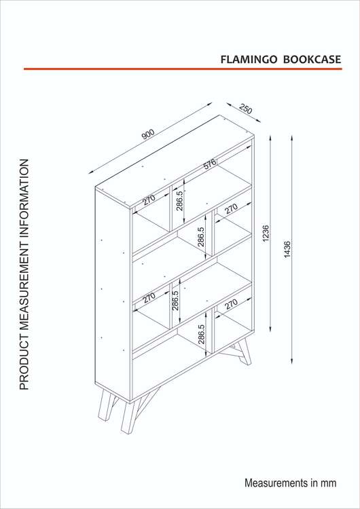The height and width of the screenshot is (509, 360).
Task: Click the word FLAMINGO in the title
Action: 249,60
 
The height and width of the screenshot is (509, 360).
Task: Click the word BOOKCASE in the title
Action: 312,60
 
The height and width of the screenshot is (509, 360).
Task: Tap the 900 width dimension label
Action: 148,134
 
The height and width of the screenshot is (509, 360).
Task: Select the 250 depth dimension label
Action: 246,109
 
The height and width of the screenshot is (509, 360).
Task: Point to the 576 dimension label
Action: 210,164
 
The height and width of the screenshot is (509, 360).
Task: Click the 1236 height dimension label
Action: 266,233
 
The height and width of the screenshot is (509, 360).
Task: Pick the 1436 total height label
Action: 287,249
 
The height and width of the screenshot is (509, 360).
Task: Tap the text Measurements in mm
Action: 290,483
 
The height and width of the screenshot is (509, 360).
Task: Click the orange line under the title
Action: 183,69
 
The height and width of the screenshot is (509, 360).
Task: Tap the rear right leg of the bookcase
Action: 245,352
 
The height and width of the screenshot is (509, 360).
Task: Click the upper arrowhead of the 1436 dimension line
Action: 292,138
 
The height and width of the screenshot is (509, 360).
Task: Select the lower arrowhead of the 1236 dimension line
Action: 270,328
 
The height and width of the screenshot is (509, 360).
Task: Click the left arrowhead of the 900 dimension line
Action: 91,172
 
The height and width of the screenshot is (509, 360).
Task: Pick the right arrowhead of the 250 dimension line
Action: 258,120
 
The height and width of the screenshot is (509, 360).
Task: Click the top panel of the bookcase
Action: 175,162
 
